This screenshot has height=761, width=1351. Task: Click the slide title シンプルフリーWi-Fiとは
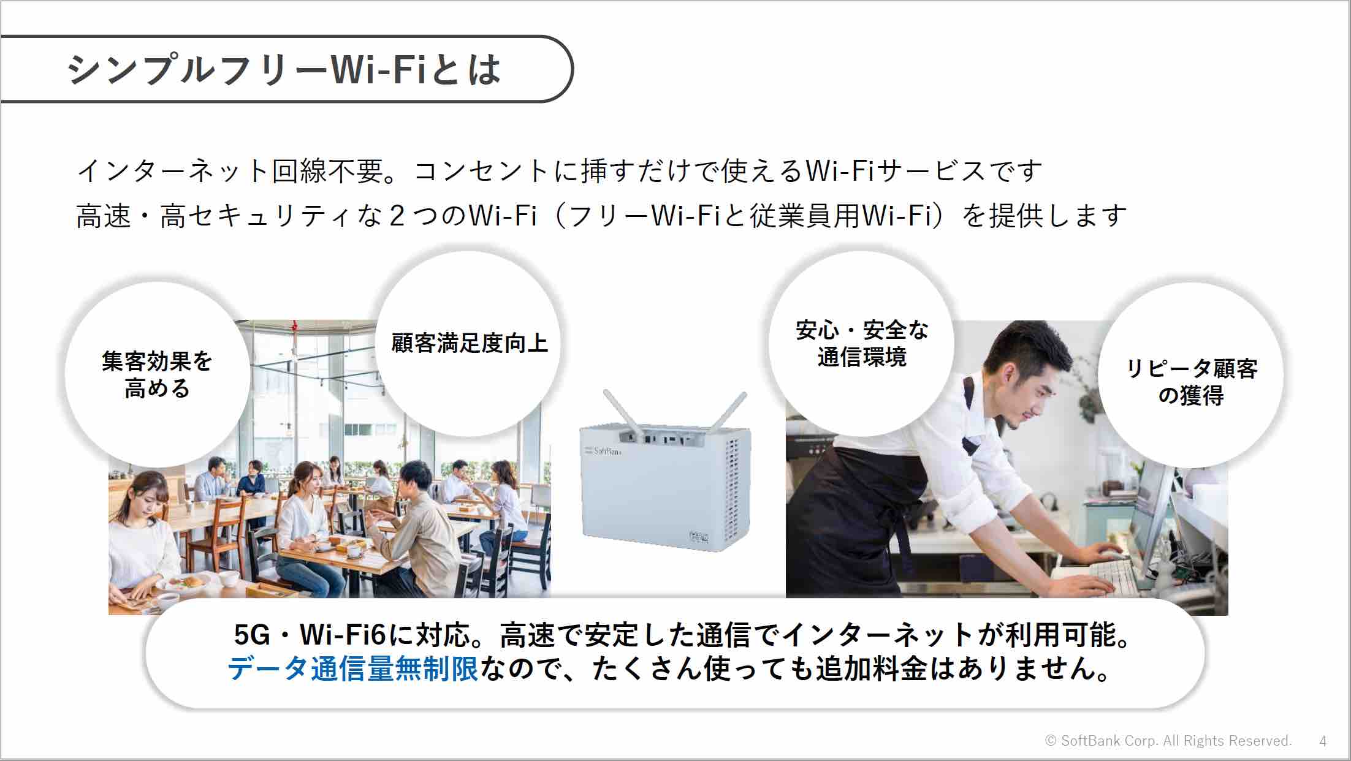pyautogui.click(x=284, y=69)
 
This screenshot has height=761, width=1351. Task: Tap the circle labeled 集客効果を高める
pyautogui.click(x=158, y=374)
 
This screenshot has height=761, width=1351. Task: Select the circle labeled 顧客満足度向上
pyautogui.click(x=469, y=344)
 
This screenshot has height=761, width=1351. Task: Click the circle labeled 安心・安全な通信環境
pyautogui.click(x=861, y=344)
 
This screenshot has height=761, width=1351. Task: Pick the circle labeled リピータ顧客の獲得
pyautogui.click(x=1191, y=374)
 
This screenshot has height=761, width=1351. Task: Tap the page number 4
pyautogui.click(x=1323, y=741)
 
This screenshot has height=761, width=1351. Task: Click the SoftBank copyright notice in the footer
pyautogui.click(x=1168, y=741)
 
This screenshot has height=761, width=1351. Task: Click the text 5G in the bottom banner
pyautogui.click(x=252, y=635)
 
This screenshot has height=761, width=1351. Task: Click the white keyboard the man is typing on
pyautogui.click(x=1085, y=574)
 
